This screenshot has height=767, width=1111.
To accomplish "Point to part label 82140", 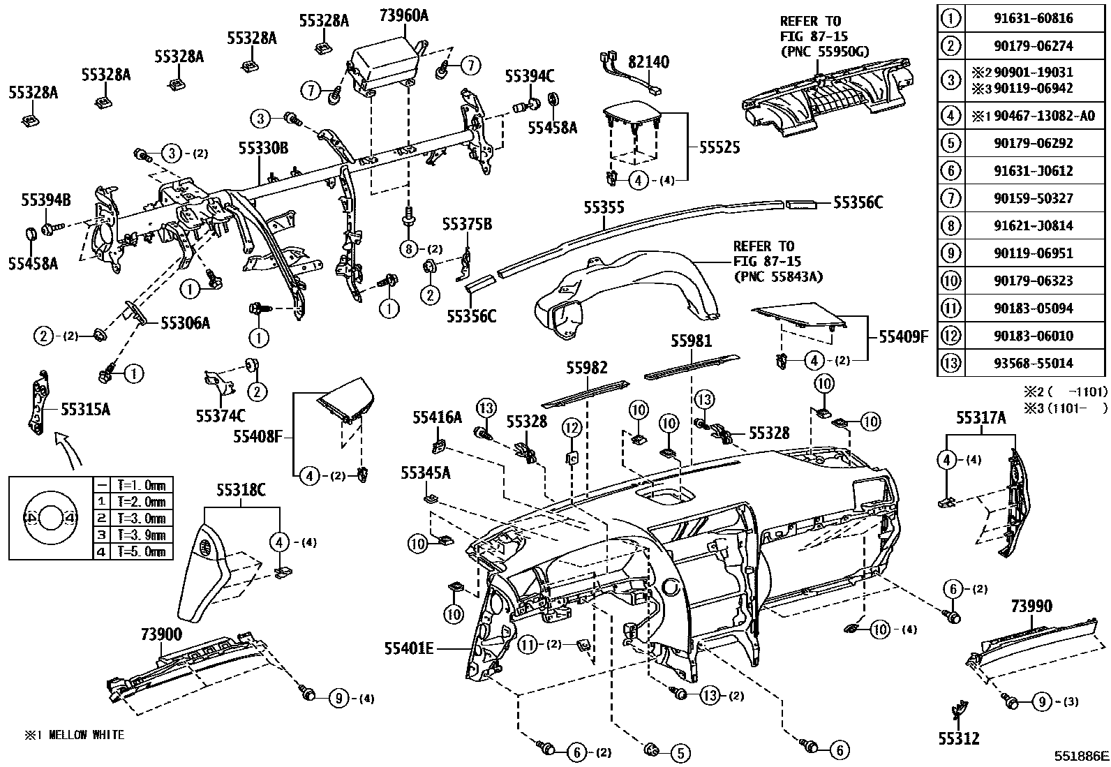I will click(648, 62).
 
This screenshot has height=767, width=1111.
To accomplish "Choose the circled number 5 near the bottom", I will click(680, 752).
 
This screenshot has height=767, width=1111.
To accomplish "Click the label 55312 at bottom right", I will click(959, 738).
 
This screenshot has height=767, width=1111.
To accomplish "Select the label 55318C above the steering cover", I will click(241, 490).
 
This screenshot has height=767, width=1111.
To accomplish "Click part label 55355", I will click(604, 207).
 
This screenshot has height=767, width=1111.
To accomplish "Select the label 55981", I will click(692, 341).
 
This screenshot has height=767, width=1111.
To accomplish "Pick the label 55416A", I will click(437, 417).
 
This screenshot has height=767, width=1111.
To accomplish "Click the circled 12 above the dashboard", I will click(572, 427).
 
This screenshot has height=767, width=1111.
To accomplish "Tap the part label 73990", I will click(1031, 606).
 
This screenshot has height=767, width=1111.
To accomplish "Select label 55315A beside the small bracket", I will click(85, 409).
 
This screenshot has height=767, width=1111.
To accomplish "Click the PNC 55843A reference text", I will click(778, 277).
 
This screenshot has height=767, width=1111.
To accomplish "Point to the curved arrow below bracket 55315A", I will click(68, 449).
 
